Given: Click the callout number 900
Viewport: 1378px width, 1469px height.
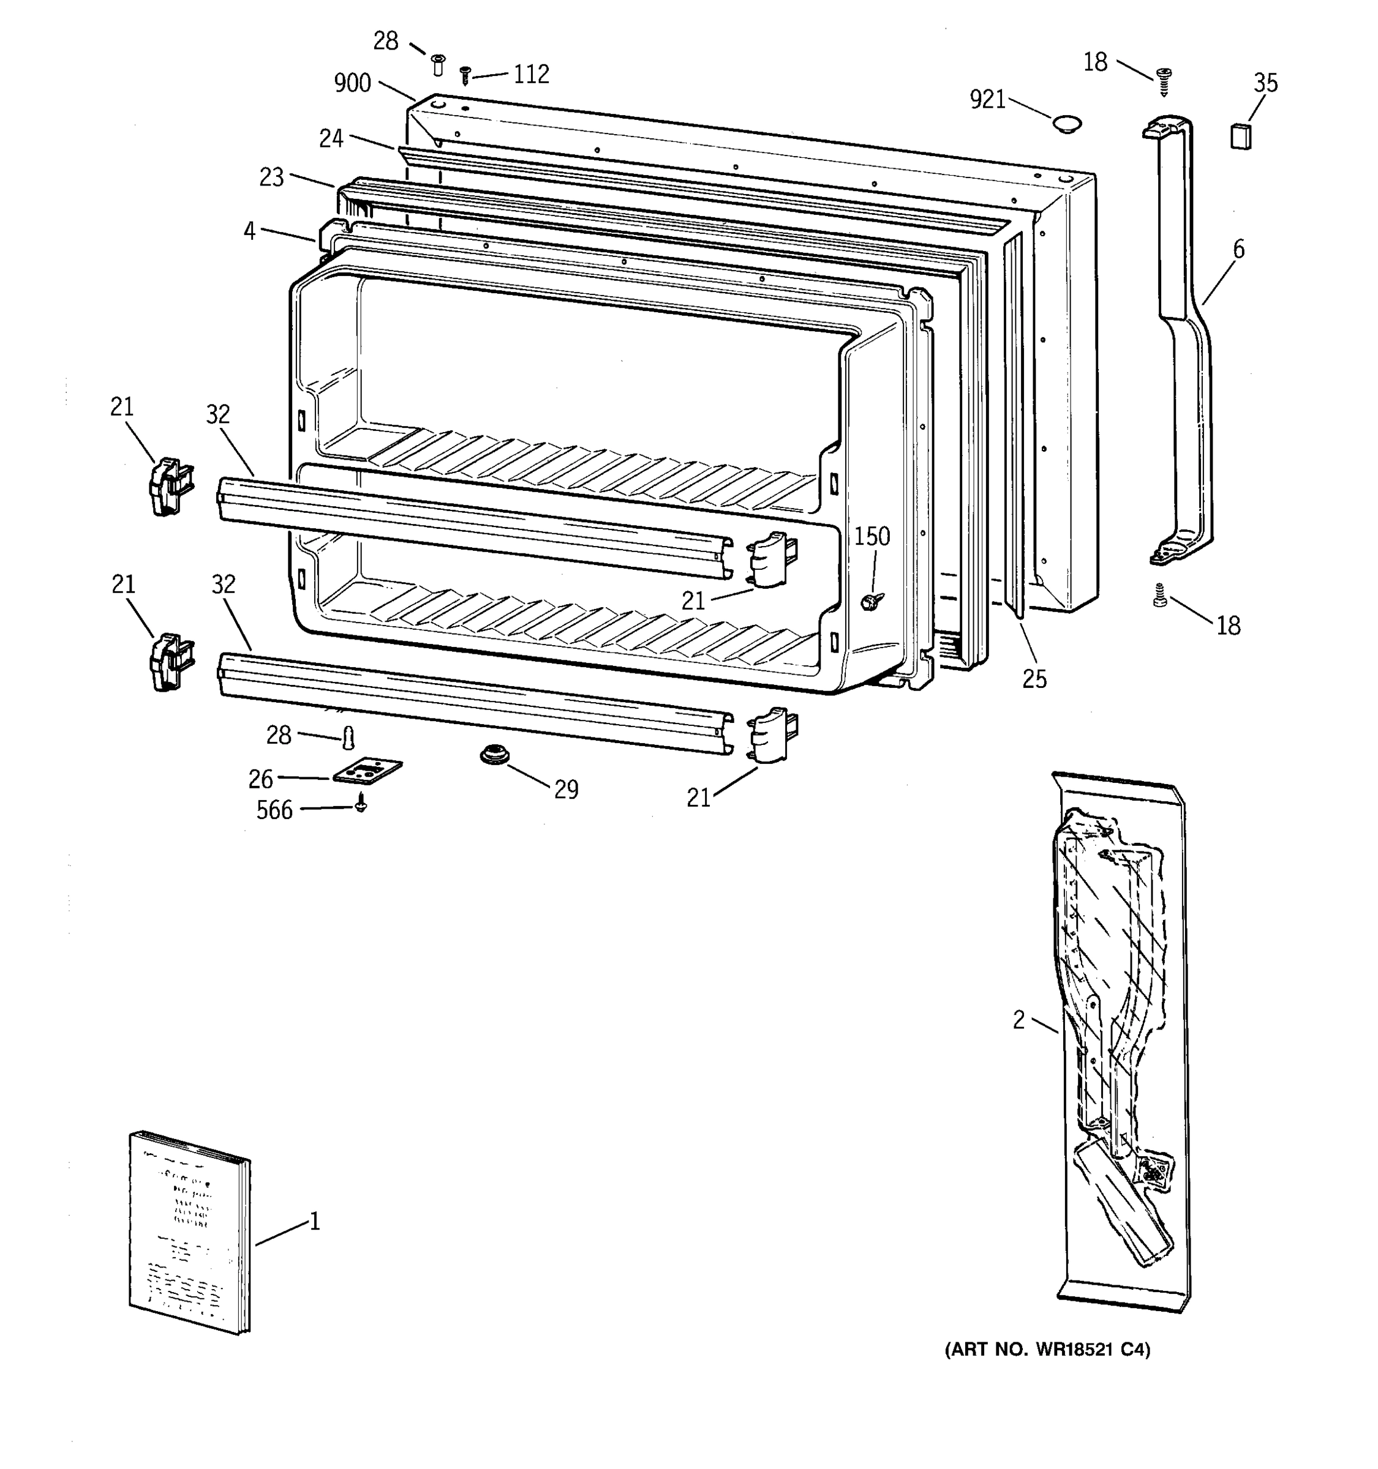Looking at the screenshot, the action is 353,83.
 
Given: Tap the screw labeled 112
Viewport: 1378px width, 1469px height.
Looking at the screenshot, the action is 465,75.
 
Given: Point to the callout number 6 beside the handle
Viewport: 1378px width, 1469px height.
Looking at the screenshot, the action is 1238,250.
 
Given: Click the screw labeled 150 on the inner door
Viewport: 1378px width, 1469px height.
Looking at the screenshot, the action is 872,600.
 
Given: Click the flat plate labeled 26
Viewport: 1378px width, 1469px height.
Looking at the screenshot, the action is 367,771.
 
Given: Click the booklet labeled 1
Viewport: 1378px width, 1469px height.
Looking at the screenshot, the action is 190,1231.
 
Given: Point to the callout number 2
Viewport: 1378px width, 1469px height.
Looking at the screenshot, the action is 1018,1020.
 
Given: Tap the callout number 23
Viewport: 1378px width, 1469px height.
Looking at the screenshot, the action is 271,178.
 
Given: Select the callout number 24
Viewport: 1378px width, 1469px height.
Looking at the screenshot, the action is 331,138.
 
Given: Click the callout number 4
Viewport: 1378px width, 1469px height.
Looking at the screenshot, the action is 249,231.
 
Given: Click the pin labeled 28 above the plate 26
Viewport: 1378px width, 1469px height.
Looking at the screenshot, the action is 349,737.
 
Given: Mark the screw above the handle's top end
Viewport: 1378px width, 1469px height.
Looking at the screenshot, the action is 1164,81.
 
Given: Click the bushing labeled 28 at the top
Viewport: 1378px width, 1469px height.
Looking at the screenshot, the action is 438,64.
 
